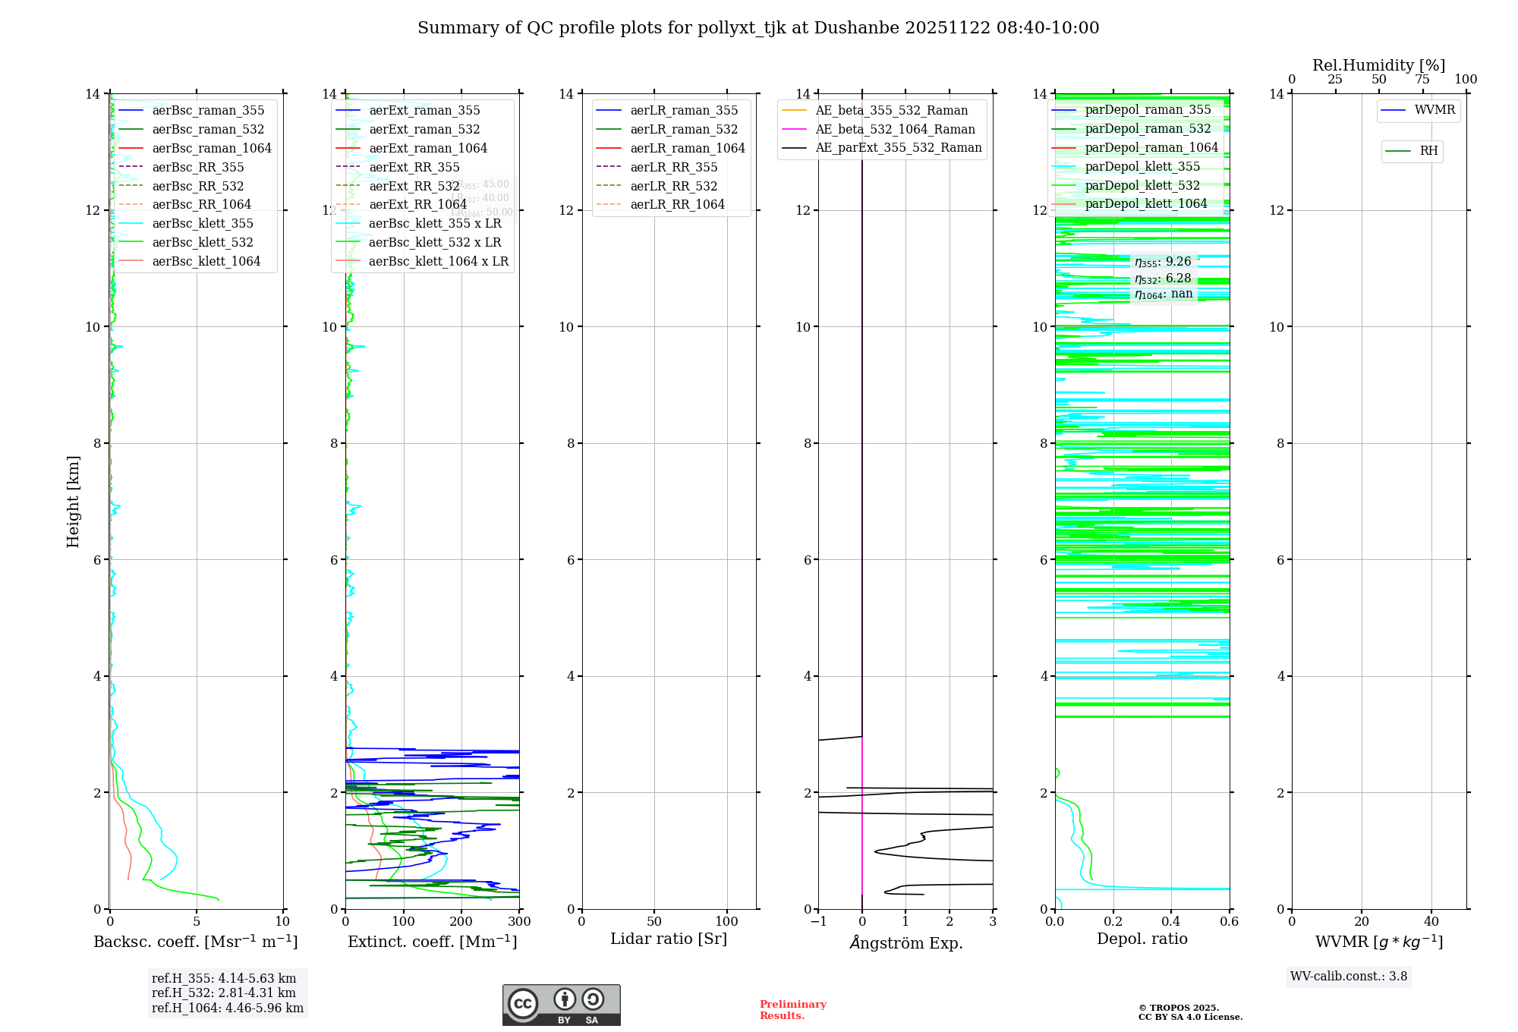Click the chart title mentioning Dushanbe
[758, 28]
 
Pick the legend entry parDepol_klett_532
[1142, 186]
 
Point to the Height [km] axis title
[73, 502]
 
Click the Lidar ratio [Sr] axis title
[669, 939]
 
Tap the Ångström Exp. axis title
[906, 943]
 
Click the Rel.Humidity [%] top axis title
[1378, 65]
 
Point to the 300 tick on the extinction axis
[519, 922]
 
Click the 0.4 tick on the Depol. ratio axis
[1171, 922]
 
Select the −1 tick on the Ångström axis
[818, 922]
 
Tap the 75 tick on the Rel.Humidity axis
[1422, 80]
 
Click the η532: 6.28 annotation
[1163, 278]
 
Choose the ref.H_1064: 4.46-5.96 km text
[228, 1008]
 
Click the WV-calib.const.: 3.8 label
[1349, 977]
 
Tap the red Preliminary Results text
[792, 1010]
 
